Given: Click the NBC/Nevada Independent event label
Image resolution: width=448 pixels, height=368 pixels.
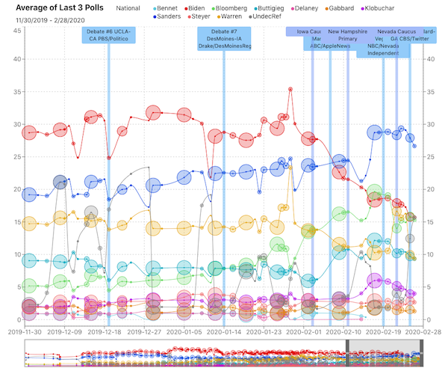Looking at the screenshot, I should coord(382,49).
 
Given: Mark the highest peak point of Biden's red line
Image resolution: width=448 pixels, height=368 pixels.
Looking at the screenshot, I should coord(290,89).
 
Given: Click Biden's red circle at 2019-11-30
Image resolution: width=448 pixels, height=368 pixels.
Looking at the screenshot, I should coord(29,132).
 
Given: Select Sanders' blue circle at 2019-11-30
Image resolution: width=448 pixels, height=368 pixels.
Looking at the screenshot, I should coord(29,194).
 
